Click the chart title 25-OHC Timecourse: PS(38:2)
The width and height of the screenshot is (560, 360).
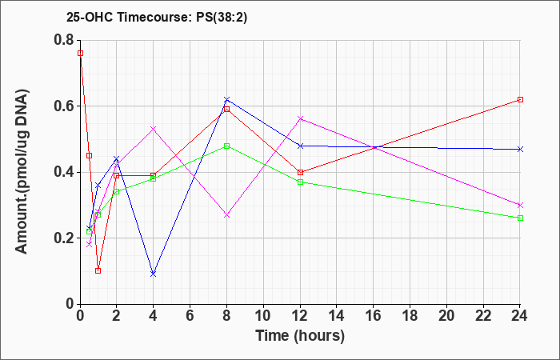[x=157, y=18]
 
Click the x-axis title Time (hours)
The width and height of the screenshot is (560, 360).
[x=300, y=336]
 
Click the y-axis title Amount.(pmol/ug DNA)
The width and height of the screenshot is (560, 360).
[x=22, y=172]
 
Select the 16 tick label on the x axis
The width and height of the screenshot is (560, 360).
[x=374, y=316]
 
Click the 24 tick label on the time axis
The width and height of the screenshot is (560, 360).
[x=520, y=316]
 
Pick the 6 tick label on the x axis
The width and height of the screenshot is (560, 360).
[x=190, y=316]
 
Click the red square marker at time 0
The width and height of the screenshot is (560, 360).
[x=80, y=54]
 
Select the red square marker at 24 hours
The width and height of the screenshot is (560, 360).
[x=520, y=100]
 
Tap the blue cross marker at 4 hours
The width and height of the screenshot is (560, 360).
[x=154, y=274]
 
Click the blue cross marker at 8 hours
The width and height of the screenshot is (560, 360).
[x=226, y=99]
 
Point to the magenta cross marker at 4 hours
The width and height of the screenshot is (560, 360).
[x=154, y=129]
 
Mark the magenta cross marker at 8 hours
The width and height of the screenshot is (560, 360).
[x=226, y=215]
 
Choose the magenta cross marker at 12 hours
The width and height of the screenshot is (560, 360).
[x=300, y=118]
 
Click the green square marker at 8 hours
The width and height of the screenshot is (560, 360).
[x=226, y=146]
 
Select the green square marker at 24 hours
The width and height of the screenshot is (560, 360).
[x=520, y=218]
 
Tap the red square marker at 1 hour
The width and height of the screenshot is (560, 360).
[x=98, y=270]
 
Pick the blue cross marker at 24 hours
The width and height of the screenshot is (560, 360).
[x=520, y=149]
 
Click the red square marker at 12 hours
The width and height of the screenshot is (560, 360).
[x=300, y=172]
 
